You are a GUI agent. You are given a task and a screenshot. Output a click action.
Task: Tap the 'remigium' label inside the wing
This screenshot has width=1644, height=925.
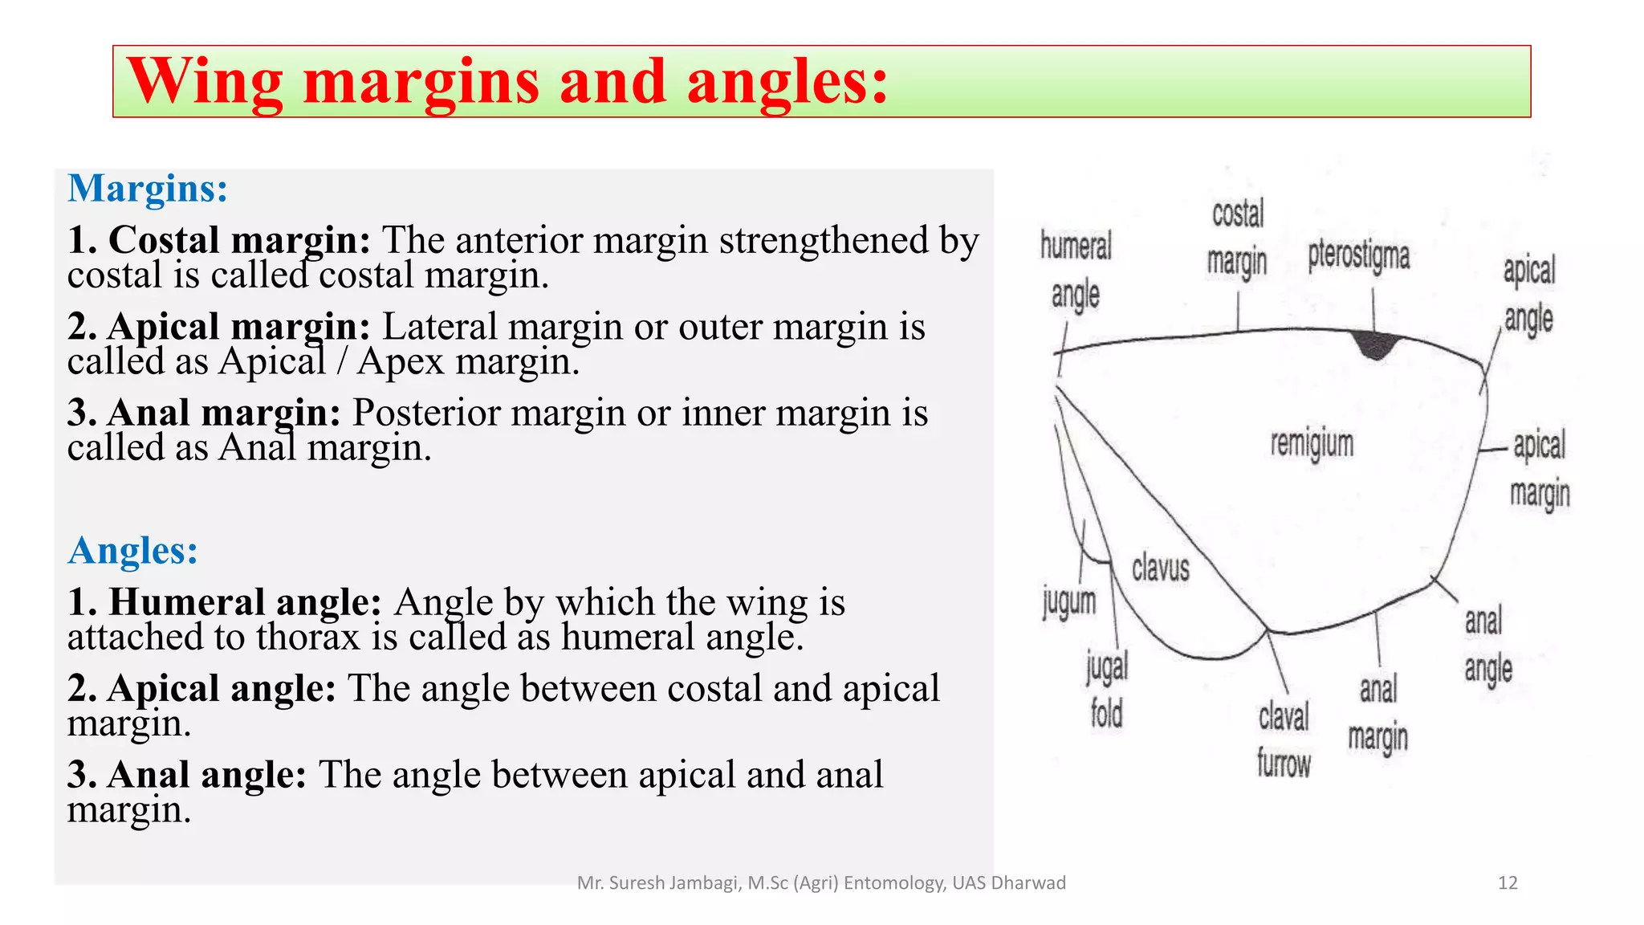pos(1312,444)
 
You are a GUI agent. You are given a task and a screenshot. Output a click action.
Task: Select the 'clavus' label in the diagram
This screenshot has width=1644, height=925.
pos(1160,568)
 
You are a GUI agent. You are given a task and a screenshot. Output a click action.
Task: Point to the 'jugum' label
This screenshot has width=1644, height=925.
pos(1069,602)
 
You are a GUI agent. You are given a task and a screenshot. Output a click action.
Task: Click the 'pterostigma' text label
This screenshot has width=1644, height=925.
pos(1358,256)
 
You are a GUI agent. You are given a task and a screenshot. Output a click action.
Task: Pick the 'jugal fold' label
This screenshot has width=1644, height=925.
pos(1107,690)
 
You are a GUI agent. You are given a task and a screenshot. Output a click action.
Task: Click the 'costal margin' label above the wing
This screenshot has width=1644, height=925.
pos(1237,238)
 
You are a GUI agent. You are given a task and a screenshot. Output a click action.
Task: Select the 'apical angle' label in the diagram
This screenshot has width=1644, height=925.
pos(1528,295)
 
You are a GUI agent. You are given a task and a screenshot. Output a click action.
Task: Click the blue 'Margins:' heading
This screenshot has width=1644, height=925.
pos(148,189)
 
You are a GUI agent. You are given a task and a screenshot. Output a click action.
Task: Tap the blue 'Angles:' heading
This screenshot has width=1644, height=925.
pos(133,552)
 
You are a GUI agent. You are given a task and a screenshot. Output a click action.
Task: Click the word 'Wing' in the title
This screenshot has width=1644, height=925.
pos(205,82)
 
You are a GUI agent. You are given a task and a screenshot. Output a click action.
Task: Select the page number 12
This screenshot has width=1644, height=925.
pos(1508,883)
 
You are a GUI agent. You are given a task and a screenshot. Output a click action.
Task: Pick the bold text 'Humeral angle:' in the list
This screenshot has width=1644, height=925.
pos(225,602)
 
